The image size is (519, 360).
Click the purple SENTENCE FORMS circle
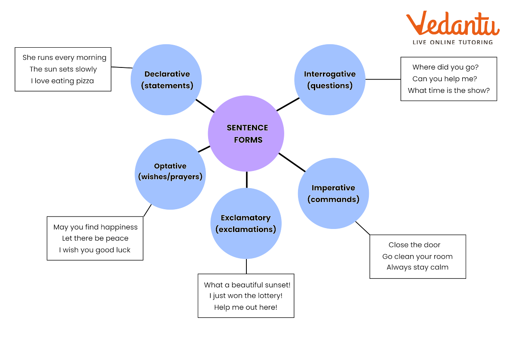246,134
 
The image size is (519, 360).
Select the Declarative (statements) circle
166,79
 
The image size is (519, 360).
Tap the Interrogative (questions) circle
330,79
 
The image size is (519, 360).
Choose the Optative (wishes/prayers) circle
170,174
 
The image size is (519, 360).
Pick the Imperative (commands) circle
333,193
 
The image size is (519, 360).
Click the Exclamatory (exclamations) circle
246,223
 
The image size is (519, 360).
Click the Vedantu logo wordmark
452,24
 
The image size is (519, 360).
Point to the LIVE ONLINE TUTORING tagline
452,42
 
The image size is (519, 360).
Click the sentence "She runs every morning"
64,58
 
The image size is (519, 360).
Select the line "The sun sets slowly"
63,69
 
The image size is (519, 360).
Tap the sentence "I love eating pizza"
62,81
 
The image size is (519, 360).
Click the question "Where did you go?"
445,67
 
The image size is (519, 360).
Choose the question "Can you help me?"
445,79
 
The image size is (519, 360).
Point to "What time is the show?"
448,91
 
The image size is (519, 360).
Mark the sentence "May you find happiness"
95,227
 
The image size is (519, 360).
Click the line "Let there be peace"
95,238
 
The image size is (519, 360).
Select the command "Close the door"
415,245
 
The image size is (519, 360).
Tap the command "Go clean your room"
417,257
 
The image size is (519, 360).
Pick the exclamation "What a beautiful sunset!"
247,285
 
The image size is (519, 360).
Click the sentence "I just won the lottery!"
246,296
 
